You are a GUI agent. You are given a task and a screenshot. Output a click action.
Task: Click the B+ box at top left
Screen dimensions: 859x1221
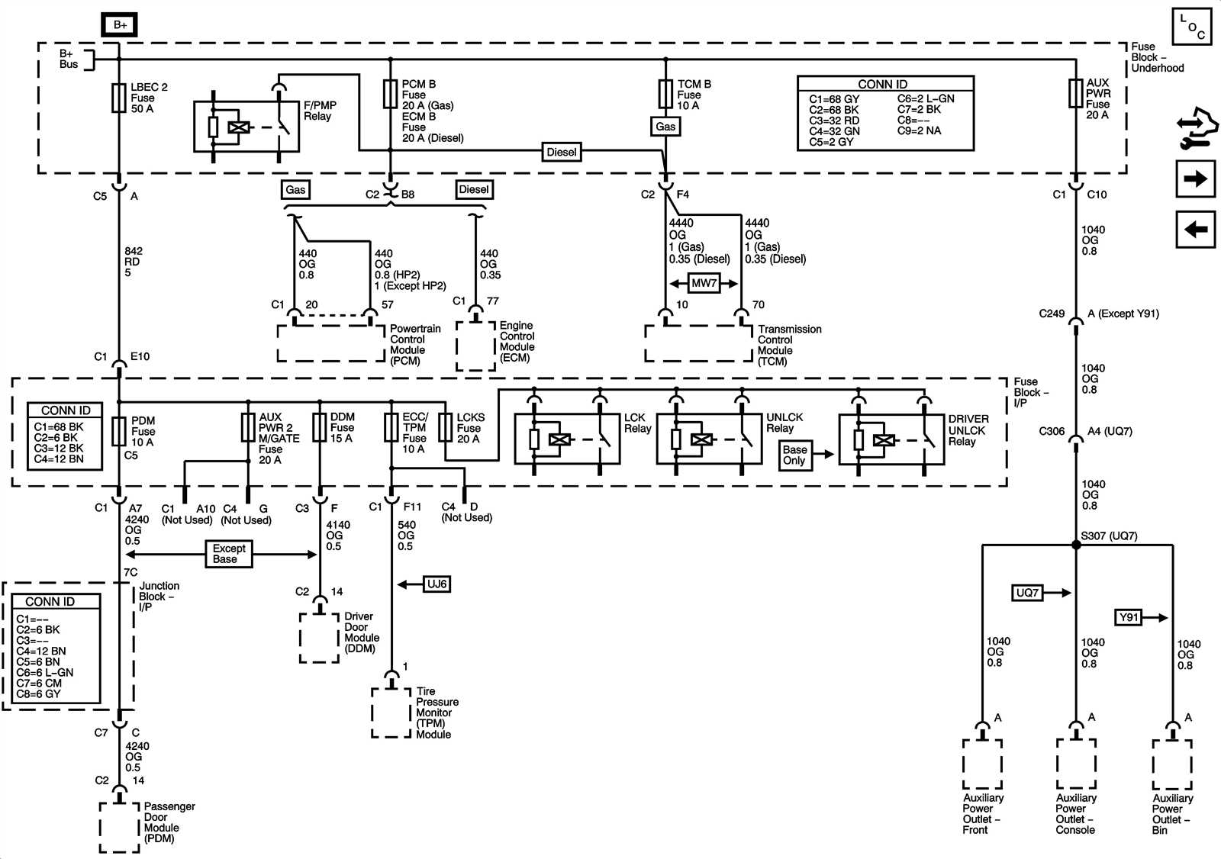(x=120, y=24)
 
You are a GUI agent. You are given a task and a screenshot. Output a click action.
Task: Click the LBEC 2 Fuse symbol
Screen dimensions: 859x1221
(x=119, y=98)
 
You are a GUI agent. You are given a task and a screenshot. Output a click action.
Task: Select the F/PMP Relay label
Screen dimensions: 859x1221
(x=319, y=111)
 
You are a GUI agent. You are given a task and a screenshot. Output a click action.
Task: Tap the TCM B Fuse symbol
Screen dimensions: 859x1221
(x=665, y=95)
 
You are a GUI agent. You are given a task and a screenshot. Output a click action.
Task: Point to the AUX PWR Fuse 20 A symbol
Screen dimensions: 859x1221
(x=1075, y=93)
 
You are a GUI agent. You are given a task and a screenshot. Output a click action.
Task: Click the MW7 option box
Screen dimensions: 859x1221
(x=704, y=283)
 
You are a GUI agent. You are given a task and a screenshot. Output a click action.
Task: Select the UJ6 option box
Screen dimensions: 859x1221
(x=437, y=584)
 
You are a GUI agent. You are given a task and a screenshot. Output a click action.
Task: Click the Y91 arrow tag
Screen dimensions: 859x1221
(x=1128, y=617)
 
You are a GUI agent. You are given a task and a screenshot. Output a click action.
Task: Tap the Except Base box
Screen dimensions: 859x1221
(x=228, y=554)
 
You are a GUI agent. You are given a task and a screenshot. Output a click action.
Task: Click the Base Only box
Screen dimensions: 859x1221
(x=794, y=455)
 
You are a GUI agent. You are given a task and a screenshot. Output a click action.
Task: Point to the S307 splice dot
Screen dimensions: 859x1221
(x=1076, y=545)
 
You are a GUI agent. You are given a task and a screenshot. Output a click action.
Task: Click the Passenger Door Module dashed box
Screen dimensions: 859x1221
(x=119, y=827)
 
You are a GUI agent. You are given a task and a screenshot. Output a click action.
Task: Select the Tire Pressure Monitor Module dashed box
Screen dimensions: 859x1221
(x=391, y=713)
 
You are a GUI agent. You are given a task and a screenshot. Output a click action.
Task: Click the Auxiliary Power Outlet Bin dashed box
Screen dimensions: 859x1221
(x=1171, y=764)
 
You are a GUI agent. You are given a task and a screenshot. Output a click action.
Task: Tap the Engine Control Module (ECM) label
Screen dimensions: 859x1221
(x=517, y=342)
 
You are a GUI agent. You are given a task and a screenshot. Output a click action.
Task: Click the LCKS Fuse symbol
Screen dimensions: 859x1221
(x=446, y=428)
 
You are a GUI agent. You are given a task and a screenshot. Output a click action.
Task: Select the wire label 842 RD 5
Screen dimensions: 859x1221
(x=132, y=262)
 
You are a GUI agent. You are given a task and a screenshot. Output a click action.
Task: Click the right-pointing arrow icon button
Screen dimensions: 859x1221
(x=1195, y=179)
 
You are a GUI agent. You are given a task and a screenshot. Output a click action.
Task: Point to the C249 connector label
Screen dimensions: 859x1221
(x=1052, y=314)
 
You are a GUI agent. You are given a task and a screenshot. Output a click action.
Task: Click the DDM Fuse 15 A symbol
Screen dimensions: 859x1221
(x=320, y=427)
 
